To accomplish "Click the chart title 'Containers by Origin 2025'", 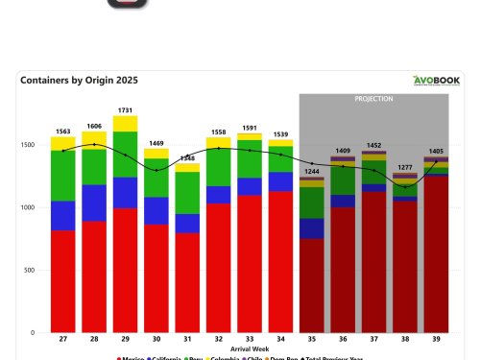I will (79, 81).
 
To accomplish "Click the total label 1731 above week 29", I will (125, 110).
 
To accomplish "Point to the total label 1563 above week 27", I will (62, 132).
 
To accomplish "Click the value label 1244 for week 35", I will (312, 171).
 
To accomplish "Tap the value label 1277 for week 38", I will (405, 167).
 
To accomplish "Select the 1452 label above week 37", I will (374, 145).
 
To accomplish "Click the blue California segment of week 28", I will (94, 203).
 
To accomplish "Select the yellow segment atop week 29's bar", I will (125, 124).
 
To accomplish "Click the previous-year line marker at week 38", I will (405, 186).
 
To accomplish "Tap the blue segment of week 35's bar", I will (312, 228).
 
